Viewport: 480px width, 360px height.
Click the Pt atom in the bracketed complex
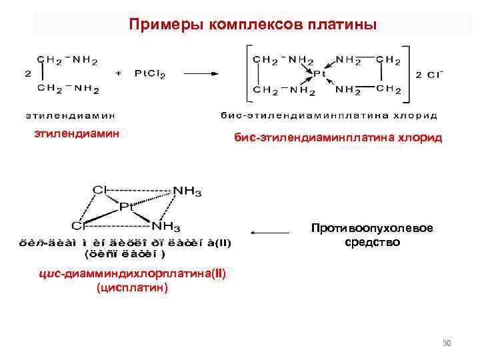click(x=320, y=74)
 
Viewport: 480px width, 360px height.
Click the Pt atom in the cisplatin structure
click(x=127, y=207)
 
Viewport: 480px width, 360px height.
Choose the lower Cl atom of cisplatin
click(x=79, y=225)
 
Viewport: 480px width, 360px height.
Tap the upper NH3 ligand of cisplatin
click(x=187, y=191)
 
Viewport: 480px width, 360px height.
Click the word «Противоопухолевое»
click(x=371, y=229)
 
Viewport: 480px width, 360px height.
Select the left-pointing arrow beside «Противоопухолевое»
click(x=270, y=233)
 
